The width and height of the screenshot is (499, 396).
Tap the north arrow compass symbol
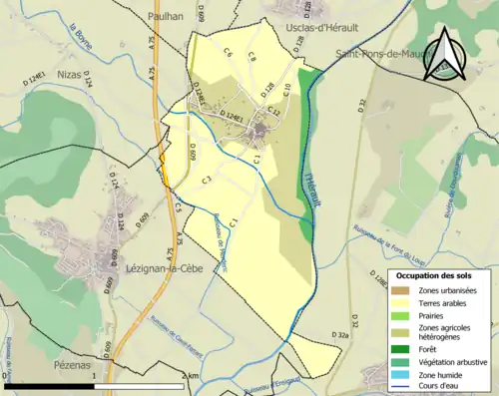tap(442, 55)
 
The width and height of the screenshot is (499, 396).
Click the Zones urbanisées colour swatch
tap(400, 290)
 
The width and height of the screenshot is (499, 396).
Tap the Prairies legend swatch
tap(400, 314)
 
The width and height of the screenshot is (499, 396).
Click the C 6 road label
tap(228, 52)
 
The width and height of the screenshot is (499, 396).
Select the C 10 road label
tap(286, 90)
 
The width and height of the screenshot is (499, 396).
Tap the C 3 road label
tap(205, 180)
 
